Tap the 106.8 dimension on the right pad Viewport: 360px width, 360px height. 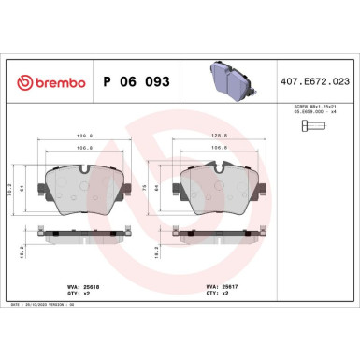click(221, 147)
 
